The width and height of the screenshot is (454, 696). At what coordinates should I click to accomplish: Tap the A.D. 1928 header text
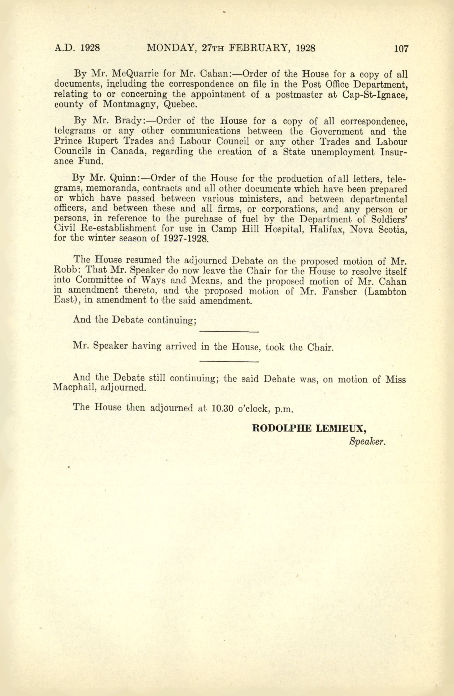[x=77, y=48]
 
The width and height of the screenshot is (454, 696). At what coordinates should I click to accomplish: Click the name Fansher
[x=339, y=291]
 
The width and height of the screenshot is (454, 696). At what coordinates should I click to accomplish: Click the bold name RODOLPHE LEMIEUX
[x=310, y=429]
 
